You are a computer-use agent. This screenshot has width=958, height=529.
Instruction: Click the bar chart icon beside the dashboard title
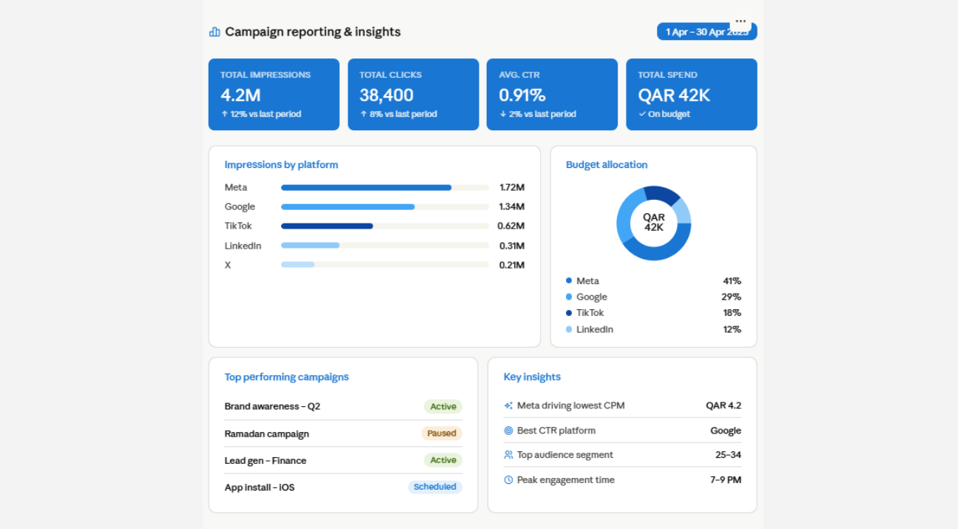215,32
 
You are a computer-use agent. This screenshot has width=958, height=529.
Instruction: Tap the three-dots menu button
741,21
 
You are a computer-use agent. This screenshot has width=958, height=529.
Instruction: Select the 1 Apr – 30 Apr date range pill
706,32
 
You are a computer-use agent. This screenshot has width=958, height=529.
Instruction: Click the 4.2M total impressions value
240,95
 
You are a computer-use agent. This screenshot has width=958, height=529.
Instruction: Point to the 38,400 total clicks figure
386,95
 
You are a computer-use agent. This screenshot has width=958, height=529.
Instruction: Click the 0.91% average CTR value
522,95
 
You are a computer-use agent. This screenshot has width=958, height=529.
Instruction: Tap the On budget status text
669,114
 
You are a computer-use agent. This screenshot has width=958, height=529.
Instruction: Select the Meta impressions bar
366,188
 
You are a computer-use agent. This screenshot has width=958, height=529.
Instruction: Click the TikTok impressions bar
327,226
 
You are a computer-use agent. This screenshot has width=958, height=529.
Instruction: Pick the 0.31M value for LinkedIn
511,246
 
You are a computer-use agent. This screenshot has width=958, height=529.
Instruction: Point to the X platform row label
228,265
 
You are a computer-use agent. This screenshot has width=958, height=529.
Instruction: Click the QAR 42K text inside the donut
653,223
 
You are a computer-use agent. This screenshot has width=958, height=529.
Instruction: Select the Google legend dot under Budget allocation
569,297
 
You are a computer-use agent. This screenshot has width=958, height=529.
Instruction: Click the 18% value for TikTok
732,313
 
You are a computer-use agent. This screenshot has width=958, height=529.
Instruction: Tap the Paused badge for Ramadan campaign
442,434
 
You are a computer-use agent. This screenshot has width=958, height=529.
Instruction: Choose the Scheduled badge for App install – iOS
434,487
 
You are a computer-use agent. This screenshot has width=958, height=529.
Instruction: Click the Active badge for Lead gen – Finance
442,460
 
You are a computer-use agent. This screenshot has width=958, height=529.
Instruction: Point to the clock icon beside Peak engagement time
508,480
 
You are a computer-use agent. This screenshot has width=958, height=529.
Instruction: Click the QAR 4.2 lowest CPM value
723,405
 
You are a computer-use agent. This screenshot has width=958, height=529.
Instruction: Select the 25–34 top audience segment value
728,454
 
